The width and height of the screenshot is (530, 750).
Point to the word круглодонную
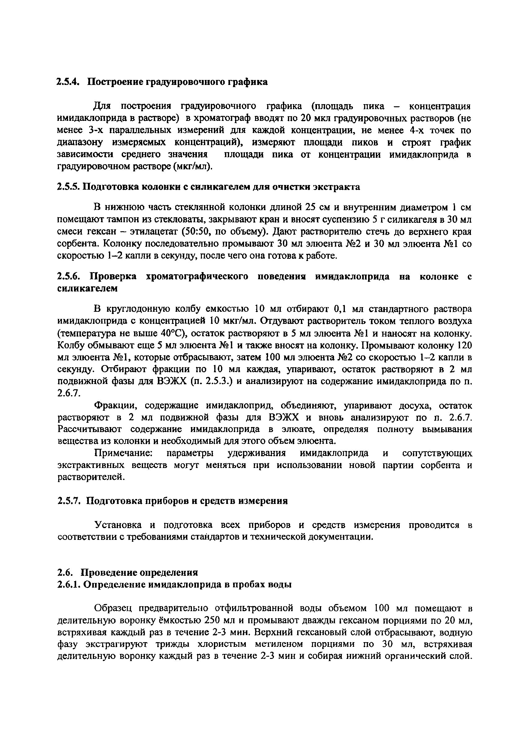(138, 309)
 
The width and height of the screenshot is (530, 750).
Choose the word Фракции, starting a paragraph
(115, 406)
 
